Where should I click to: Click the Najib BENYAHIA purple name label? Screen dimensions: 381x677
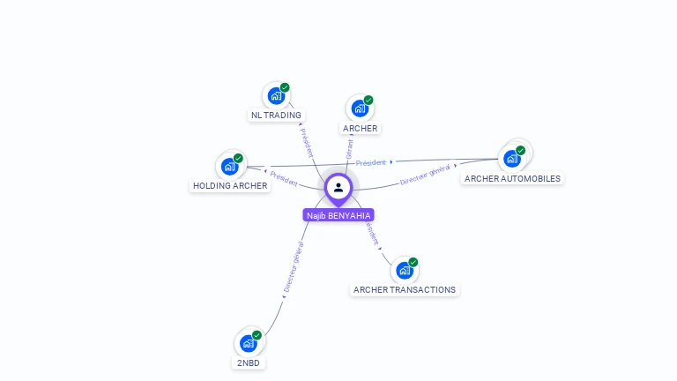(x=338, y=215)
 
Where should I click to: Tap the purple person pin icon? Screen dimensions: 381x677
(x=338, y=188)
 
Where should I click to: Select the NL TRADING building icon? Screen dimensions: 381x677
(x=276, y=95)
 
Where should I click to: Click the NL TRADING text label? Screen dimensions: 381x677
(x=276, y=115)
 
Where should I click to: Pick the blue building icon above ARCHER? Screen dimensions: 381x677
(x=360, y=108)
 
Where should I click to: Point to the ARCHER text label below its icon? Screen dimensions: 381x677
(x=360, y=128)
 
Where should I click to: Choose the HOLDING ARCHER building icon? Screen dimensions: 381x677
(x=229, y=166)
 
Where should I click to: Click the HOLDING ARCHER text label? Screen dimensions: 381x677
(x=230, y=185)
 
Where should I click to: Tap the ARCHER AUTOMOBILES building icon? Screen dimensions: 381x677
(x=511, y=159)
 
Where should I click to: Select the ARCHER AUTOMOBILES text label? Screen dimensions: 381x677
(x=512, y=178)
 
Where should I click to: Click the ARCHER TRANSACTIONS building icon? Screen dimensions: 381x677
(x=404, y=271)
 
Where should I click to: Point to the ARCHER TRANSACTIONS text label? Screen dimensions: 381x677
(x=405, y=289)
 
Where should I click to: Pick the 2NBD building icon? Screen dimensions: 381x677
(x=249, y=343)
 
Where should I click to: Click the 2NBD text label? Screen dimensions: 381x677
(x=249, y=362)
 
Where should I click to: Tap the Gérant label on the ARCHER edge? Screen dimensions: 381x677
(x=350, y=149)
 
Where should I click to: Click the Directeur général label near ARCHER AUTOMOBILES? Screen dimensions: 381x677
(x=425, y=175)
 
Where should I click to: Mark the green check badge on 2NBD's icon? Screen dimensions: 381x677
(x=257, y=335)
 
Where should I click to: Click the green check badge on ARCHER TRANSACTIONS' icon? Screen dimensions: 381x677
(x=413, y=262)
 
